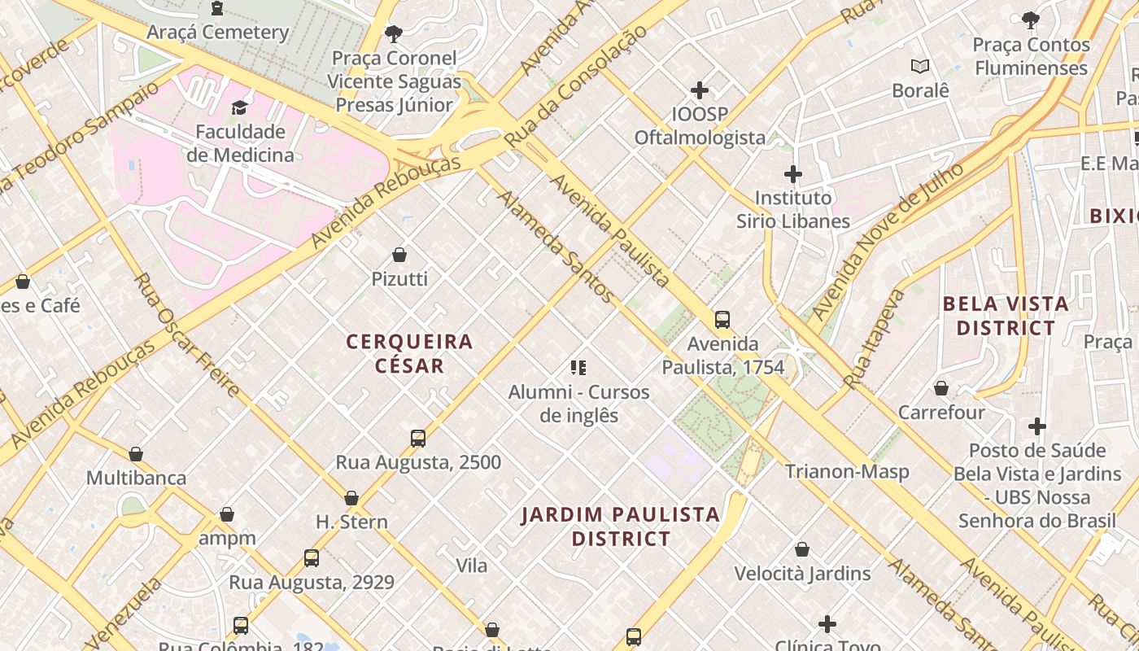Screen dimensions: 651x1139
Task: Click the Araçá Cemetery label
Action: click(x=218, y=33)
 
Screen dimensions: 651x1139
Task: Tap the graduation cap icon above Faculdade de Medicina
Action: click(x=239, y=107)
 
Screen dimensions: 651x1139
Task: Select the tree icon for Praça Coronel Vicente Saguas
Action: click(x=394, y=34)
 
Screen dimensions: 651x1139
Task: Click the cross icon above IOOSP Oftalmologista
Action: click(x=700, y=90)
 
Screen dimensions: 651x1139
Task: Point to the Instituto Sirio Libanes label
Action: click(x=792, y=209)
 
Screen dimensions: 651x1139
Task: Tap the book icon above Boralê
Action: click(x=920, y=67)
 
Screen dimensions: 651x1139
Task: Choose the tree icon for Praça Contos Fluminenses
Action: click(x=1031, y=20)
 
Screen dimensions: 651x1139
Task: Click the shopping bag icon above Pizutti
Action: click(x=399, y=256)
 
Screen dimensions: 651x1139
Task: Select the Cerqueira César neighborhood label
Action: click(x=409, y=353)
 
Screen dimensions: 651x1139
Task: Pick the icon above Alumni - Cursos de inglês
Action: click(x=578, y=368)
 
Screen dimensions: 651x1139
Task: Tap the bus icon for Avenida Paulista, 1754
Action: click(x=722, y=320)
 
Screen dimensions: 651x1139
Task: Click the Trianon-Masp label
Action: click(x=847, y=471)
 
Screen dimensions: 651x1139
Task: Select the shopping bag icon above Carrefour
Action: click(x=941, y=389)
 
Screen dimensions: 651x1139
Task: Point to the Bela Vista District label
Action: click(x=1005, y=316)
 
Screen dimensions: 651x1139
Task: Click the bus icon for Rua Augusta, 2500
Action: click(x=418, y=439)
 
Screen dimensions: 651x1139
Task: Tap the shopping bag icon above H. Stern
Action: click(x=351, y=498)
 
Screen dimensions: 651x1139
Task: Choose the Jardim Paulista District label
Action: click(x=621, y=526)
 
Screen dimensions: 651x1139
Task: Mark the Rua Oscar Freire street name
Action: click(x=186, y=335)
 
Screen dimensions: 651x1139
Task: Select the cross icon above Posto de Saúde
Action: click(x=1037, y=426)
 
